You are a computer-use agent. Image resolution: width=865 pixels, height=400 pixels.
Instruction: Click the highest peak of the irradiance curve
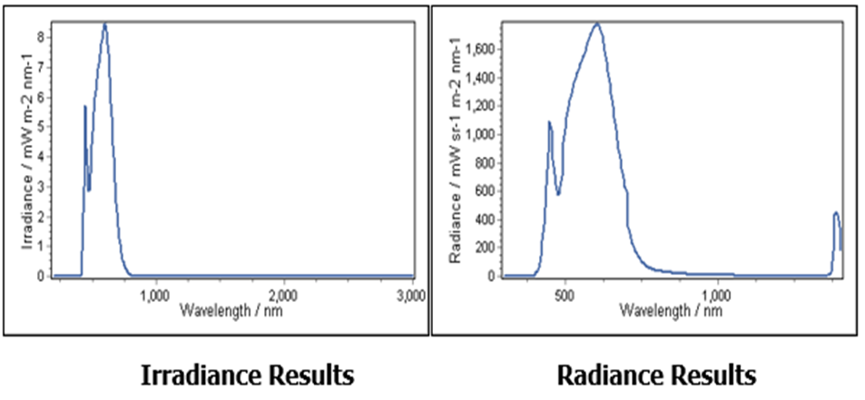(104, 24)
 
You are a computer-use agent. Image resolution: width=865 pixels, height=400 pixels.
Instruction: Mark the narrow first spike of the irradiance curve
(85, 106)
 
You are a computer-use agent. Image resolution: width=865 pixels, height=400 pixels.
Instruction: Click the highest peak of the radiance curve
(596, 24)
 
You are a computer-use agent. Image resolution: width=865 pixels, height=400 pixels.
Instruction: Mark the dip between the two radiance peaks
(558, 194)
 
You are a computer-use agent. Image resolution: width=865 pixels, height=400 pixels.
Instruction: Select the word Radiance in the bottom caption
(595, 376)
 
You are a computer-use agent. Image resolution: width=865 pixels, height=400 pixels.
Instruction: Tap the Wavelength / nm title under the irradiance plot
(231, 310)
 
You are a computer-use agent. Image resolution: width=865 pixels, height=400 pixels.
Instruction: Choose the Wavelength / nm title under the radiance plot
(670, 310)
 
